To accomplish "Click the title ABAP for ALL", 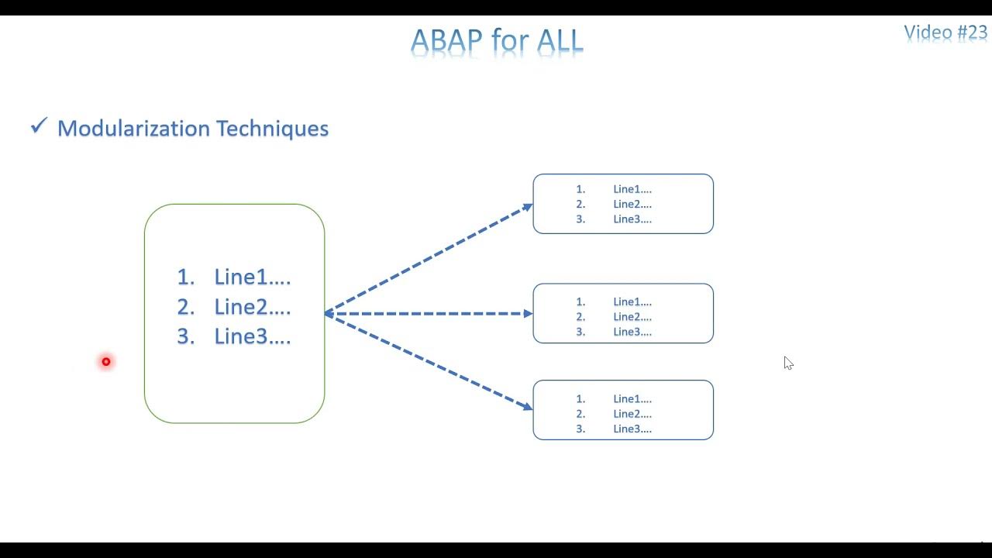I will pos(497,40).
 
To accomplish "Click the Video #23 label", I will pos(945,33).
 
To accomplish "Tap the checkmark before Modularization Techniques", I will pos(39,126).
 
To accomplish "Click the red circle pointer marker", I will pos(106,361).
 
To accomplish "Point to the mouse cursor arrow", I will pos(787,362).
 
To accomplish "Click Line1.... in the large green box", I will pos(252,277).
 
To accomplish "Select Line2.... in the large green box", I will pos(252,307).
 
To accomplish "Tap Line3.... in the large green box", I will pos(252,337).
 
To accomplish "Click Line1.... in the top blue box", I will pos(632,189).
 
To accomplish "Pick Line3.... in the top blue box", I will pos(632,219).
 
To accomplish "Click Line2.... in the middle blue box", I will pos(632,317).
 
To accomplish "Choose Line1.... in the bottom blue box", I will pos(632,399).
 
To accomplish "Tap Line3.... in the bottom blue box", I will pos(632,429).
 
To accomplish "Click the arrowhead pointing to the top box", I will pos(528,207).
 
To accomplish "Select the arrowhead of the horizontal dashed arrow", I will pos(528,314).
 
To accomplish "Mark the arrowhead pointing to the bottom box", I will pos(528,406).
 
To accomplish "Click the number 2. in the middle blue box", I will pos(581,317).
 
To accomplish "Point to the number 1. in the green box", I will pos(185,277).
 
